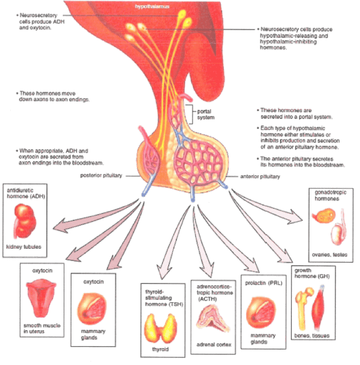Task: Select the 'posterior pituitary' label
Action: tap(102, 175)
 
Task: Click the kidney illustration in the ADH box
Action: tap(24, 219)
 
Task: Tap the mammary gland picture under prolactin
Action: tap(261, 312)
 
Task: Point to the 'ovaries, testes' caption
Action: tap(329, 253)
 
